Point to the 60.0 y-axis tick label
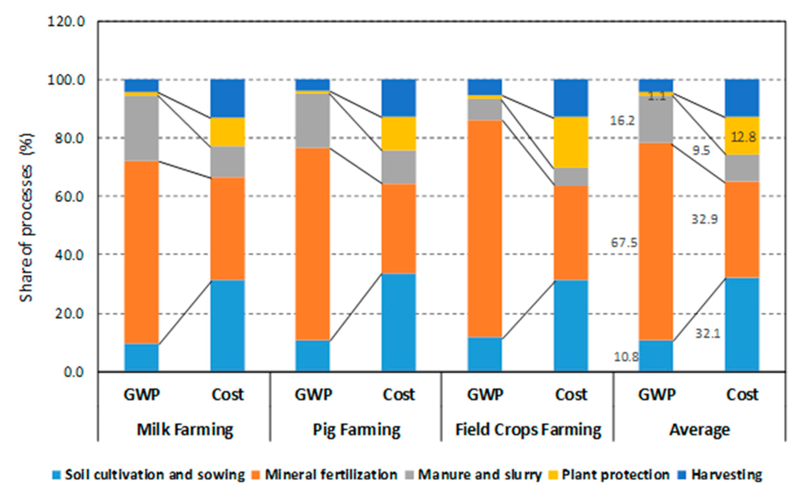(x=69, y=197)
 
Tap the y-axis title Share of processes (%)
(x=26, y=217)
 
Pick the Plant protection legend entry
(x=615, y=475)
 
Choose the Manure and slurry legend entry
(x=479, y=475)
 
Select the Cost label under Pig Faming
(x=399, y=394)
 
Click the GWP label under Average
(x=657, y=394)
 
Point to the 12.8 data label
(x=743, y=137)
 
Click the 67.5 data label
(x=624, y=243)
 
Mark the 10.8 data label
(x=626, y=357)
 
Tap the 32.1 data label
(x=708, y=334)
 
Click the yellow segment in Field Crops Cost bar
(x=571, y=142)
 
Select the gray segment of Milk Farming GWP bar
(x=142, y=128)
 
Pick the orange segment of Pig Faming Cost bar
(x=399, y=229)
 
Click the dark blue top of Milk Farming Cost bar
(x=228, y=98)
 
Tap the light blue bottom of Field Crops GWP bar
(x=485, y=354)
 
